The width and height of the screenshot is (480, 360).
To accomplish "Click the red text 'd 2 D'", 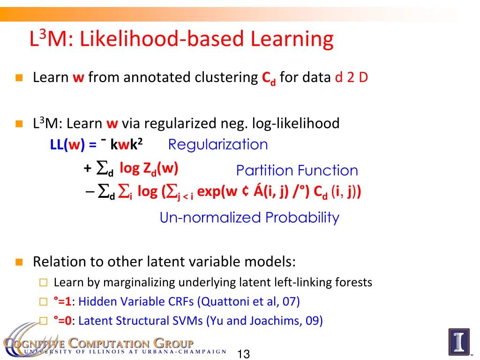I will coord(351,77).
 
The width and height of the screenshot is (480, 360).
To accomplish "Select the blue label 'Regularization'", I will coord(218,144).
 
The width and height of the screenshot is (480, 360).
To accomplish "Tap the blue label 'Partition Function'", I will coord(297,171).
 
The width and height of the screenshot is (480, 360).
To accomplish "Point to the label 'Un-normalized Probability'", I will coord(249,217).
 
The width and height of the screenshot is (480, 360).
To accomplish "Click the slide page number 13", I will coord(243,354).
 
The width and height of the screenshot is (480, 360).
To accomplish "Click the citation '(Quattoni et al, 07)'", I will coord(249,301).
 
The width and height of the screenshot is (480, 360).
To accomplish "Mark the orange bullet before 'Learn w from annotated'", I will coord(19,78).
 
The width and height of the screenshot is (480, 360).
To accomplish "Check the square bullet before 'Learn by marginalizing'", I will coord(43,283).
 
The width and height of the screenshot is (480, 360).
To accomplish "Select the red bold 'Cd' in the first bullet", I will coord(269,78).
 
